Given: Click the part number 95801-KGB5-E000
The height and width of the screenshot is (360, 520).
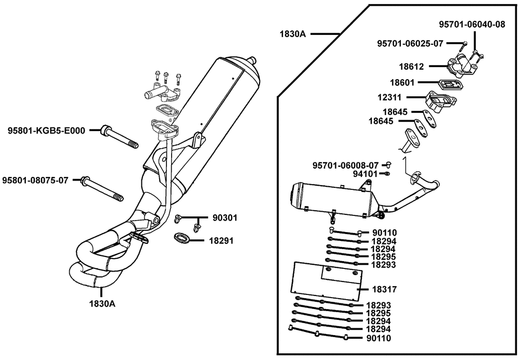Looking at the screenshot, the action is [46, 131].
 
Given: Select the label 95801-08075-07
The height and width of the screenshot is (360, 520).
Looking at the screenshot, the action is [35, 181].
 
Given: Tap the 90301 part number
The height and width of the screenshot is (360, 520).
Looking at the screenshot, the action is [225, 218].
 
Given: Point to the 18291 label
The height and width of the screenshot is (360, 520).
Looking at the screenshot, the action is [221, 240].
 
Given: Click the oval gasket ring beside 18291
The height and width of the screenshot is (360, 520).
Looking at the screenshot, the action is [181, 238].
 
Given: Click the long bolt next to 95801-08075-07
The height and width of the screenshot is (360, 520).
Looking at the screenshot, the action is [102, 188].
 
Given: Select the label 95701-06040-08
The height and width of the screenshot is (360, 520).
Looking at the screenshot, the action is [472, 24].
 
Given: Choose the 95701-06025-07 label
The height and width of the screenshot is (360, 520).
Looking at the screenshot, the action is [410, 44].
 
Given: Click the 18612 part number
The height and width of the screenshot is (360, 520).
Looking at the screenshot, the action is [411, 67].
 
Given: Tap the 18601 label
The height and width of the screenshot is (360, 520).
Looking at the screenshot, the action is [402, 83].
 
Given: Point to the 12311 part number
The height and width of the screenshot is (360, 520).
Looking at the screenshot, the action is [389, 98].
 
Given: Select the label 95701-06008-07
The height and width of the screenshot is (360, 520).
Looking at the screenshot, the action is [346, 165].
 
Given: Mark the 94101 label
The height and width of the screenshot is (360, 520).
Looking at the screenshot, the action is [365, 174].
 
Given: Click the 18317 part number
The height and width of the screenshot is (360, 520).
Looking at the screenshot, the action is [384, 290].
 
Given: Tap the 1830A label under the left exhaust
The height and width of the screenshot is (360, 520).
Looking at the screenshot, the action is [102, 304].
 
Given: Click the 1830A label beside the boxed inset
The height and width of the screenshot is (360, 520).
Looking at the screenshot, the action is [292, 34].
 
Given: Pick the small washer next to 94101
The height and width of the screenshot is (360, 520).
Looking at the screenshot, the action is [387, 174].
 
